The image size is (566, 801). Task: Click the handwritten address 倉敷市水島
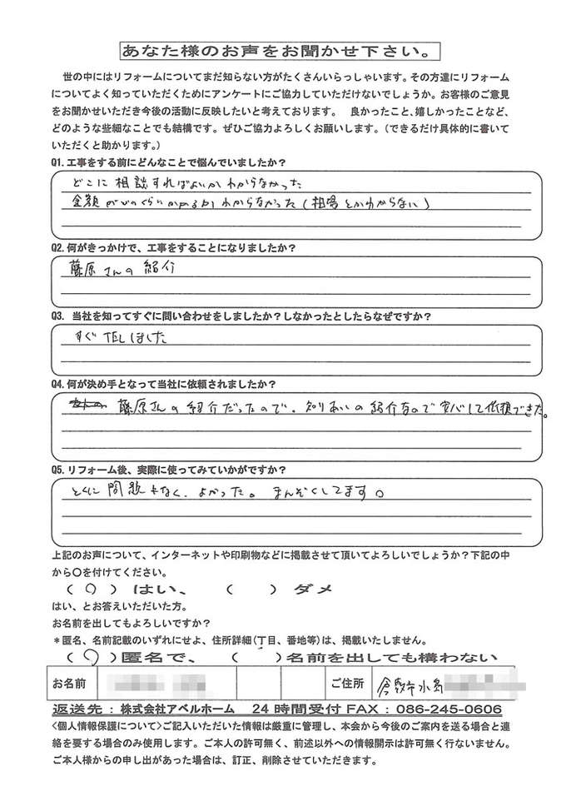[x=412, y=687]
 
